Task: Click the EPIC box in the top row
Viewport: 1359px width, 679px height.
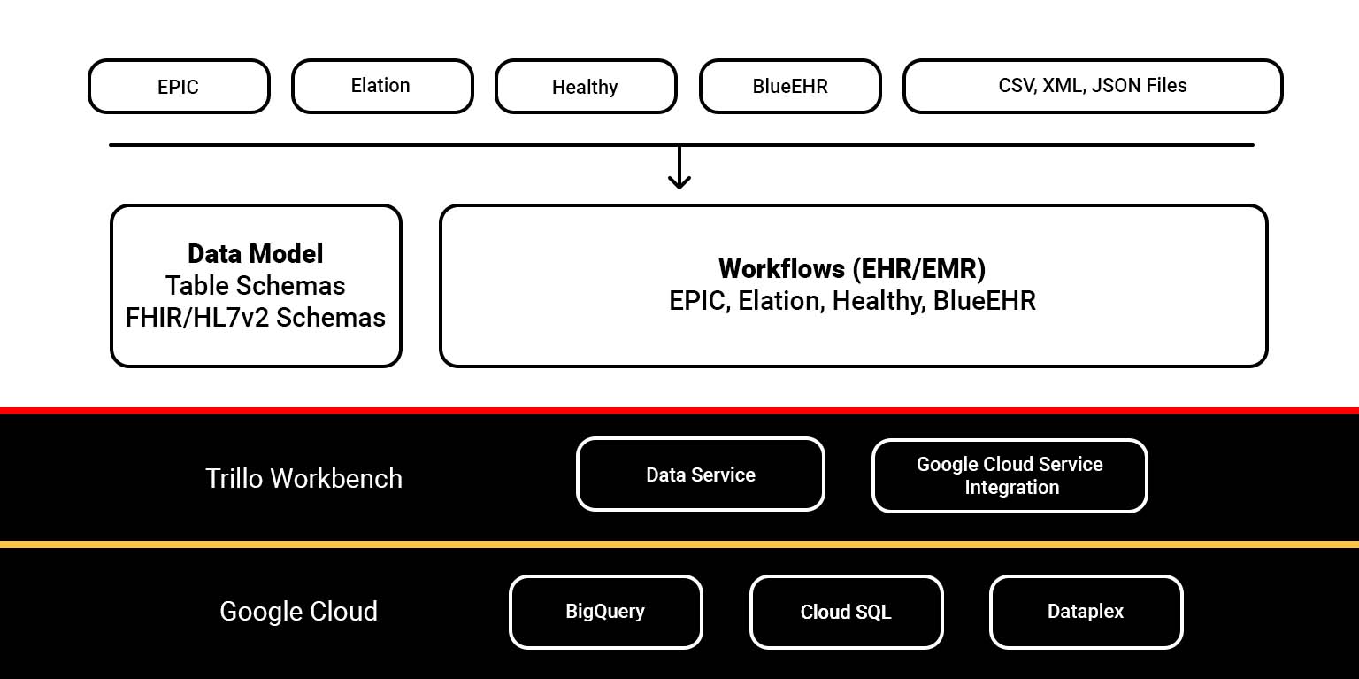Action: pyautogui.click(x=179, y=87)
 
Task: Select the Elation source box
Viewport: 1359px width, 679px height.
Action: pyautogui.click(x=382, y=87)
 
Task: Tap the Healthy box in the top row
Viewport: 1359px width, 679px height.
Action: pyautogui.click(x=585, y=87)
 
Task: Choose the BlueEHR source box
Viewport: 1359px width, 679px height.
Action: pyautogui.click(x=790, y=87)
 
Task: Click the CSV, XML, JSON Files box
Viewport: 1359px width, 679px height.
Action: pyautogui.click(x=1092, y=87)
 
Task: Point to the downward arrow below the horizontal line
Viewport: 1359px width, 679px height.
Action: pyautogui.click(x=679, y=168)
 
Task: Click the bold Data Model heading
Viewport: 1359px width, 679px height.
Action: pyautogui.click(x=256, y=254)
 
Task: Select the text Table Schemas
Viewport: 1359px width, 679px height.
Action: pyautogui.click(x=256, y=286)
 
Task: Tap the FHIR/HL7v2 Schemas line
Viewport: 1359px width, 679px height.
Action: pyautogui.click(x=256, y=318)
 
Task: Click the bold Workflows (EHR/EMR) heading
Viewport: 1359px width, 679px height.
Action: pyautogui.click(x=852, y=268)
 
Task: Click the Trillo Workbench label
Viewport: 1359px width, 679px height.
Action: pyautogui.click(x=303, y=479)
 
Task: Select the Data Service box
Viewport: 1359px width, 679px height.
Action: pyautogui.click(x=700, y=475)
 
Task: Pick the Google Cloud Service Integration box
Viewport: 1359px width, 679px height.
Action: pyautogui.click(x=1010, y=476)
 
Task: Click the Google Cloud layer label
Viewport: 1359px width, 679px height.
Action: pyautogui.click(x=298, y=612)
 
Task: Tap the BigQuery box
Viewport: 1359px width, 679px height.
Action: pyautogui.click(x=605, y=612)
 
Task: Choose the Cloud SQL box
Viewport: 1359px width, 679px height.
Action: pyautogui.click(x=846, y=613)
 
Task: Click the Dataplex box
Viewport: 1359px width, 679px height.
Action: pyautogui.click(x=1086, y=612)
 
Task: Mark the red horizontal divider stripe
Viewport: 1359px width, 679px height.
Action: pyautogui.click(x=679, y=411)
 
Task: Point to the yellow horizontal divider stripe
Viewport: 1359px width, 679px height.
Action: pyautogui.click(x=679, y=544)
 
